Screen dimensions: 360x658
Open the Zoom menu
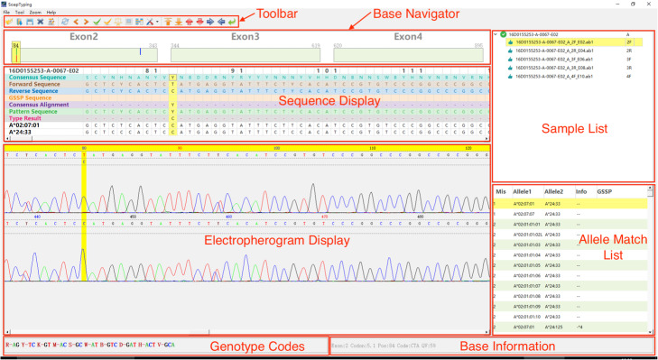point(34,12)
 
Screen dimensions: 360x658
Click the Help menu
point(51,12)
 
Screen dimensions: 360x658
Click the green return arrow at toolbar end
point(233,21)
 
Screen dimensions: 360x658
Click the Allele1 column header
point(523,192)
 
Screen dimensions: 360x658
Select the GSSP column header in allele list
point(605,192)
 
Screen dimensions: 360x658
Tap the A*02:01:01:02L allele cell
point(529,233)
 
